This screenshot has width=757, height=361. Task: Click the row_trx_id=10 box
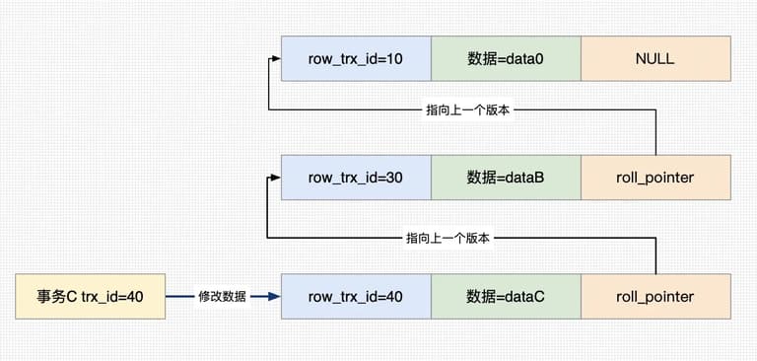point(356,58)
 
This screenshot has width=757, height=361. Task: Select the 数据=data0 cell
point(506,58)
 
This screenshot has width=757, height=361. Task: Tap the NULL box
point(655,58)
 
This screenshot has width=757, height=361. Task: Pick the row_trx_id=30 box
point(356,178)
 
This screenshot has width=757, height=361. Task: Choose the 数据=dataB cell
point(506,178)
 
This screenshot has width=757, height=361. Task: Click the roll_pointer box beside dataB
point(655,178)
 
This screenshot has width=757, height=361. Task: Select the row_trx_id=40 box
point(356,296)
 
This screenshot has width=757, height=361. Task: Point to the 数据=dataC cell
point(506,296)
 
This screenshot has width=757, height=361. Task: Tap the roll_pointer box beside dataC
point(655,296)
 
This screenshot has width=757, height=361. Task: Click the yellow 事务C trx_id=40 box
point(91,296)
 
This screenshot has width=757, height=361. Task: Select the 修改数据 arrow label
point(222,297)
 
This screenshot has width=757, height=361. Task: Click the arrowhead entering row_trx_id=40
point(274,297)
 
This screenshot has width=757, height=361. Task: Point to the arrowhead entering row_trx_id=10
point(276,58)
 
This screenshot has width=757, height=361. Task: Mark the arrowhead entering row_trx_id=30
point(276,178)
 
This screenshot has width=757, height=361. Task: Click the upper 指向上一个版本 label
point(468,110)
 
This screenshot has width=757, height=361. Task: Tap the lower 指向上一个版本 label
point(448,238)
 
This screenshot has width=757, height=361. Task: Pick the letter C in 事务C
point(71,297)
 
